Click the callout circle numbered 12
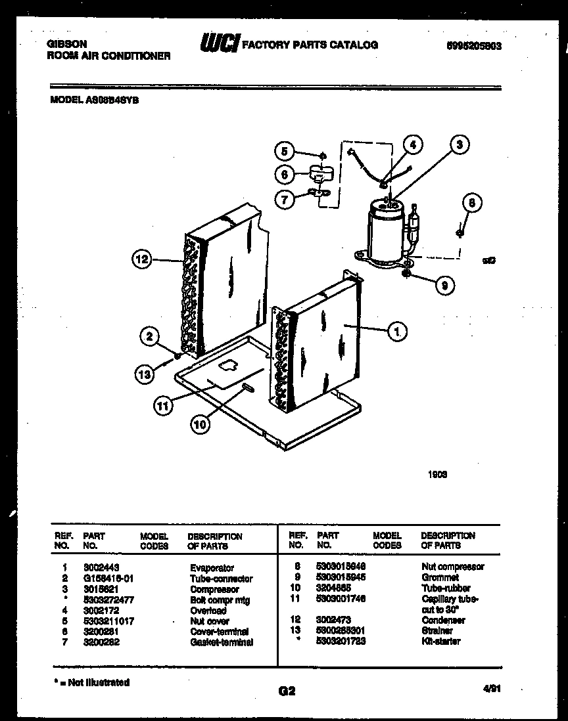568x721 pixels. [143, 260]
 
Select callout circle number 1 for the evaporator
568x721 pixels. [396, 332]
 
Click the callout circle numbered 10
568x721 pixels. [201, 424]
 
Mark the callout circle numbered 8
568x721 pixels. [469, 203]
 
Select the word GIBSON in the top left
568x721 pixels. [66, 44]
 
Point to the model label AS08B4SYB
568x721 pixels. [95, 100]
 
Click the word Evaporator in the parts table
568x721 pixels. [211, 568]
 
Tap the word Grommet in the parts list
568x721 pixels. [440, 577]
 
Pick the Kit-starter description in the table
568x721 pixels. [440, 641]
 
